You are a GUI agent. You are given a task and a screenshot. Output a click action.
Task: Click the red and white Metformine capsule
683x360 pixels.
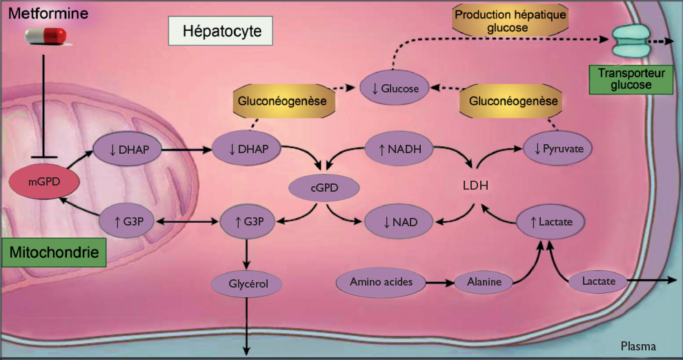(46, 36)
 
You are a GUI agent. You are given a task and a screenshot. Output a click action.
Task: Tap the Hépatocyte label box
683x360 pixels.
(218, 31)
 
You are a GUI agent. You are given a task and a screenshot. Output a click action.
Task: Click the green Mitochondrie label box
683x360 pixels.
(55, 253)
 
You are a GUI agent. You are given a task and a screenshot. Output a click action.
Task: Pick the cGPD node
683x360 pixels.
(314, 186)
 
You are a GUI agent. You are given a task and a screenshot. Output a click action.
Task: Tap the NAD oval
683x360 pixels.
(399, 221)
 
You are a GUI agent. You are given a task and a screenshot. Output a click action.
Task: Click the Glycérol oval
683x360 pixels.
(246, 282)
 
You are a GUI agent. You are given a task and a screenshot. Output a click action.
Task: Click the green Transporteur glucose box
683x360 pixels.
(630, 79)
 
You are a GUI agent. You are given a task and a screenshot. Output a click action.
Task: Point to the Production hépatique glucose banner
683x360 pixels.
(507, 21)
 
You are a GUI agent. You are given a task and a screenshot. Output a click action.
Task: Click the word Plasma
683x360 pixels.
(638, 346)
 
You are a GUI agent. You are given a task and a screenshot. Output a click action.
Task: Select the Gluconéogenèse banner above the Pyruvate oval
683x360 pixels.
(513, 101)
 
